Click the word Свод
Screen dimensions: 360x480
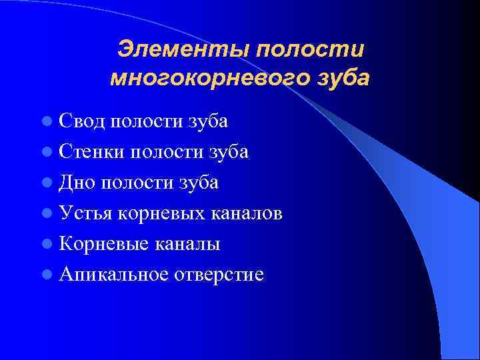click(x=82, y=121)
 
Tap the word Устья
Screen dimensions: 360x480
click(x=87, y=213)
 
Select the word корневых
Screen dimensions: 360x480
click(x=163, y=213)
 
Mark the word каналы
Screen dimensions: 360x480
click(x=189, y=244)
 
